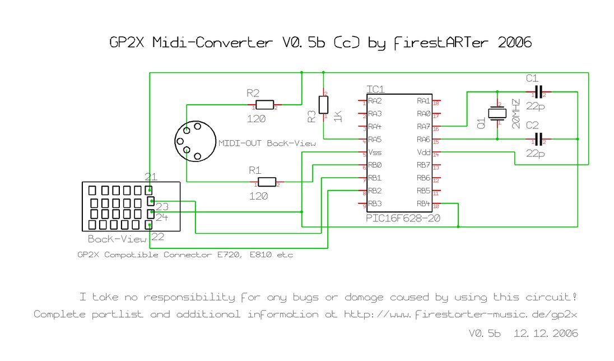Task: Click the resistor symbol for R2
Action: coord(264,105)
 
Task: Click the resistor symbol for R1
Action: coord(268,182)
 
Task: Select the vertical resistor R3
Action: coord(323,105)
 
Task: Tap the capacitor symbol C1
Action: coord(538,92)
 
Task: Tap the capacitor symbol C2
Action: coord(538,138)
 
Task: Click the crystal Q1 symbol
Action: coord(497,113)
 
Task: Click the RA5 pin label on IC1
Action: coord(375,139)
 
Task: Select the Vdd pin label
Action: coord(423,152)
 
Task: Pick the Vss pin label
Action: coord(375,152)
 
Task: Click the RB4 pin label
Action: coord(423,203)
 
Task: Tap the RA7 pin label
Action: coord(423,126)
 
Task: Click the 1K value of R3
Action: coord(337,117)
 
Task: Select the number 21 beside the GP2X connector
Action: coord(151,177)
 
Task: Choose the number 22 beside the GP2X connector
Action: coord(158,237)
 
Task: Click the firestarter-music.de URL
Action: coord(460,314)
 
